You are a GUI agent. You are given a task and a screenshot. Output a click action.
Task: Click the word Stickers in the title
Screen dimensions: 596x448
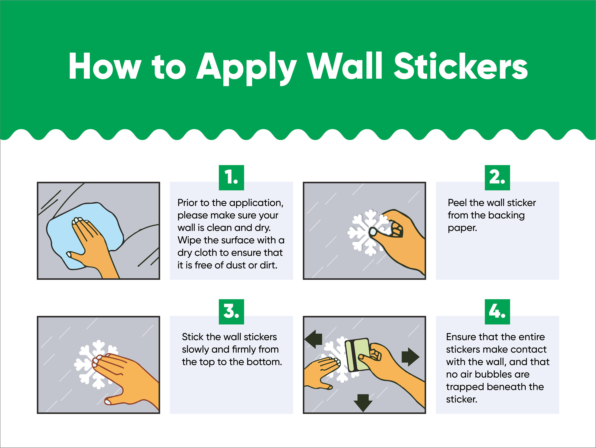click(x=461, y=66)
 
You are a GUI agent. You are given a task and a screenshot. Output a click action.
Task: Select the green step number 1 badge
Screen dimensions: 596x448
click(x=231, y=178)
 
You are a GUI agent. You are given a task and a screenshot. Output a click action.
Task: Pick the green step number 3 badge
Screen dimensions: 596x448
click(x=231, y=312)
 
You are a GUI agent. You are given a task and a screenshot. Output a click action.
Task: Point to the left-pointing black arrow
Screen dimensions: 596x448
click(x=313, y=339)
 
